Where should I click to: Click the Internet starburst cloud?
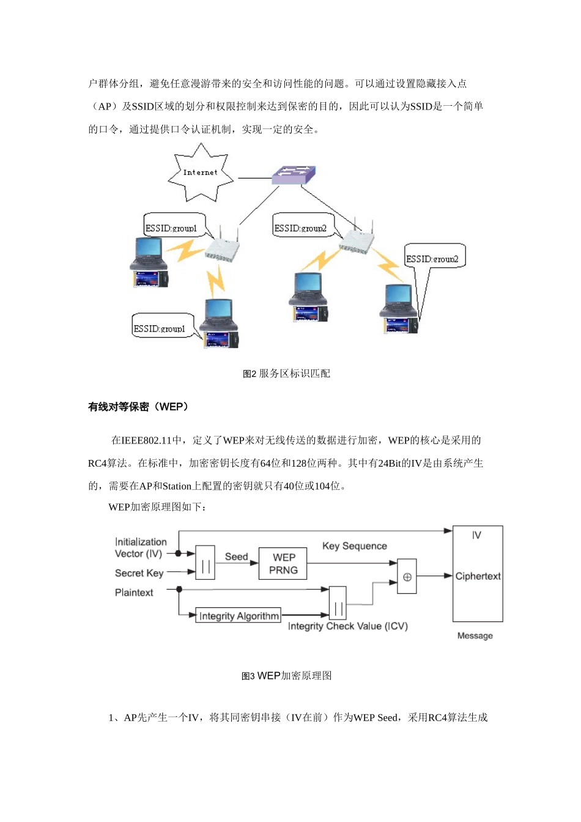[201, 172]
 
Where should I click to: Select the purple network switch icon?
[294, 175]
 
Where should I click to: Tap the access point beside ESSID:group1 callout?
[221, 248]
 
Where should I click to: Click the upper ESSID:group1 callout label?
[172, 228]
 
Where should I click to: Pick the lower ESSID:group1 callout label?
[160, 328]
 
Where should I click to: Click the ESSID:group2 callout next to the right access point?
[301, 228]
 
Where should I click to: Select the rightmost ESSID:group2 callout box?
[433, 258]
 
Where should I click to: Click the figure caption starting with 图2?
[286, 374]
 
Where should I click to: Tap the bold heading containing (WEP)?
[138, 407]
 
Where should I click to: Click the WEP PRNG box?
[283, 563]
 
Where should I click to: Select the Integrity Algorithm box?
[239, 616]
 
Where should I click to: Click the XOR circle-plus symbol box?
[407, 576]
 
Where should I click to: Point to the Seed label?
[236, 557]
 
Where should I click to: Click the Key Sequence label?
[355, 546]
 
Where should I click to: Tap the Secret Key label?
[139, 573]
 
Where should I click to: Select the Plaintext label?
[134, 592]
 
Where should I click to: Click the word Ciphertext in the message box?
[478, 576]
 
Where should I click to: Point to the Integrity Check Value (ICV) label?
[347, 626]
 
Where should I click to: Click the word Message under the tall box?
[475, 635]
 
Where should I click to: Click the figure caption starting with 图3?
[286, 676]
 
